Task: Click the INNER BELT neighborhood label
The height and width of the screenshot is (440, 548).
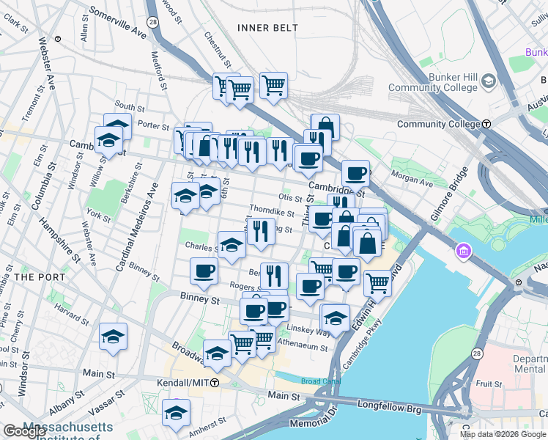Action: (x=267, y=28)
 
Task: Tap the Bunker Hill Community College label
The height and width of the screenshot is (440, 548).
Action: (x=433, y=82)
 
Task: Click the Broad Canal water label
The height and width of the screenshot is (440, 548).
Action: (x=321, y=381)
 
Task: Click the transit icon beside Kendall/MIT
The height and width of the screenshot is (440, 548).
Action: (x=215, y=383)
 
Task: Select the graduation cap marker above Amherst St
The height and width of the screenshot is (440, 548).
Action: (x=176, y=412)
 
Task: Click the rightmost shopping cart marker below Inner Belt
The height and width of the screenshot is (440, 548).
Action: (x=273, y=84)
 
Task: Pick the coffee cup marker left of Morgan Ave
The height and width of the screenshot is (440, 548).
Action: (x=355, y=173)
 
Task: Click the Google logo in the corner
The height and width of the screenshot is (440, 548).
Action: (x=24, y=432)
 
